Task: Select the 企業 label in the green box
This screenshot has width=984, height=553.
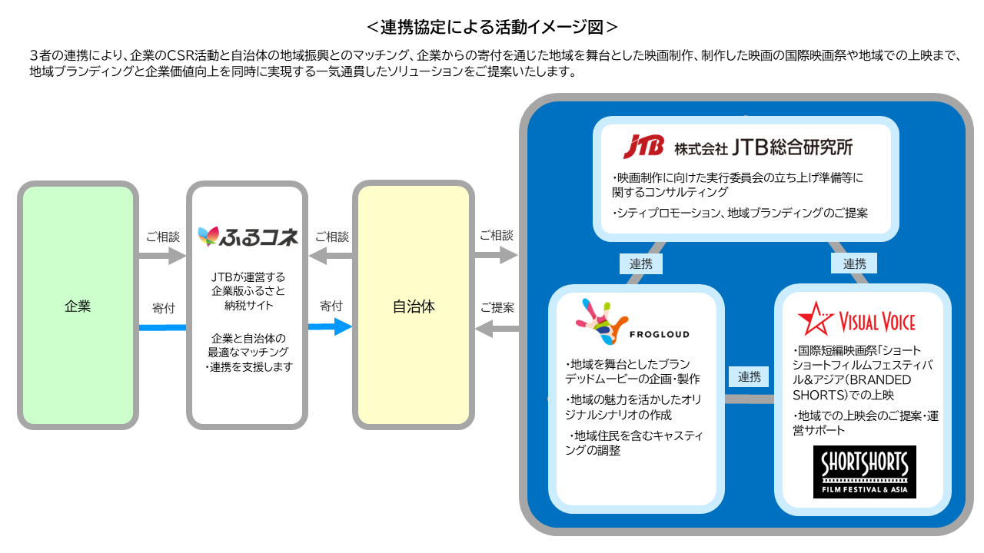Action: [x=78, y=306]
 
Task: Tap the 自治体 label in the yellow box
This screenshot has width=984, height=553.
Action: [x=414, y=306]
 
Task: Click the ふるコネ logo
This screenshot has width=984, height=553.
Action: [x=248, y=237]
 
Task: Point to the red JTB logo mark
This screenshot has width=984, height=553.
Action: [x=643, y=145]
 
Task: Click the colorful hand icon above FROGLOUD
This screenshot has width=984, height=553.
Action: [x=600, y=321]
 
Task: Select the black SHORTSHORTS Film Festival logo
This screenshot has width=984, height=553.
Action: [x=864, y=472]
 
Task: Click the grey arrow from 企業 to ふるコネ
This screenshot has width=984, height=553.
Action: [x=162, y=256]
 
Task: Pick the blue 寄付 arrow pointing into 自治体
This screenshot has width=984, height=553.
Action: [x=331, y=326]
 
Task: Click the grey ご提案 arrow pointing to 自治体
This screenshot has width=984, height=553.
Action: [x=497, y=329]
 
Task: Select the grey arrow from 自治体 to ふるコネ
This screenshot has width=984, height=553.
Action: [x=331, y=257]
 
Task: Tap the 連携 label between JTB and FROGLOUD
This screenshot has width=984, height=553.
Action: [x=640, y=263]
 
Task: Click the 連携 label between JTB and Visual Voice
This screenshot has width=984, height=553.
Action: [x=854, y=263]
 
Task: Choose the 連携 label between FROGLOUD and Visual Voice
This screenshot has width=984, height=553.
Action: [x=749, y=377]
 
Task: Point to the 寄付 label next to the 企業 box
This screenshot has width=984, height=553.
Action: [x=164, y=308]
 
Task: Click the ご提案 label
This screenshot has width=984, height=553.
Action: [x=497, y=307]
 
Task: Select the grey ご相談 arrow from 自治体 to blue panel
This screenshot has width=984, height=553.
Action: [x=497, y=256]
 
